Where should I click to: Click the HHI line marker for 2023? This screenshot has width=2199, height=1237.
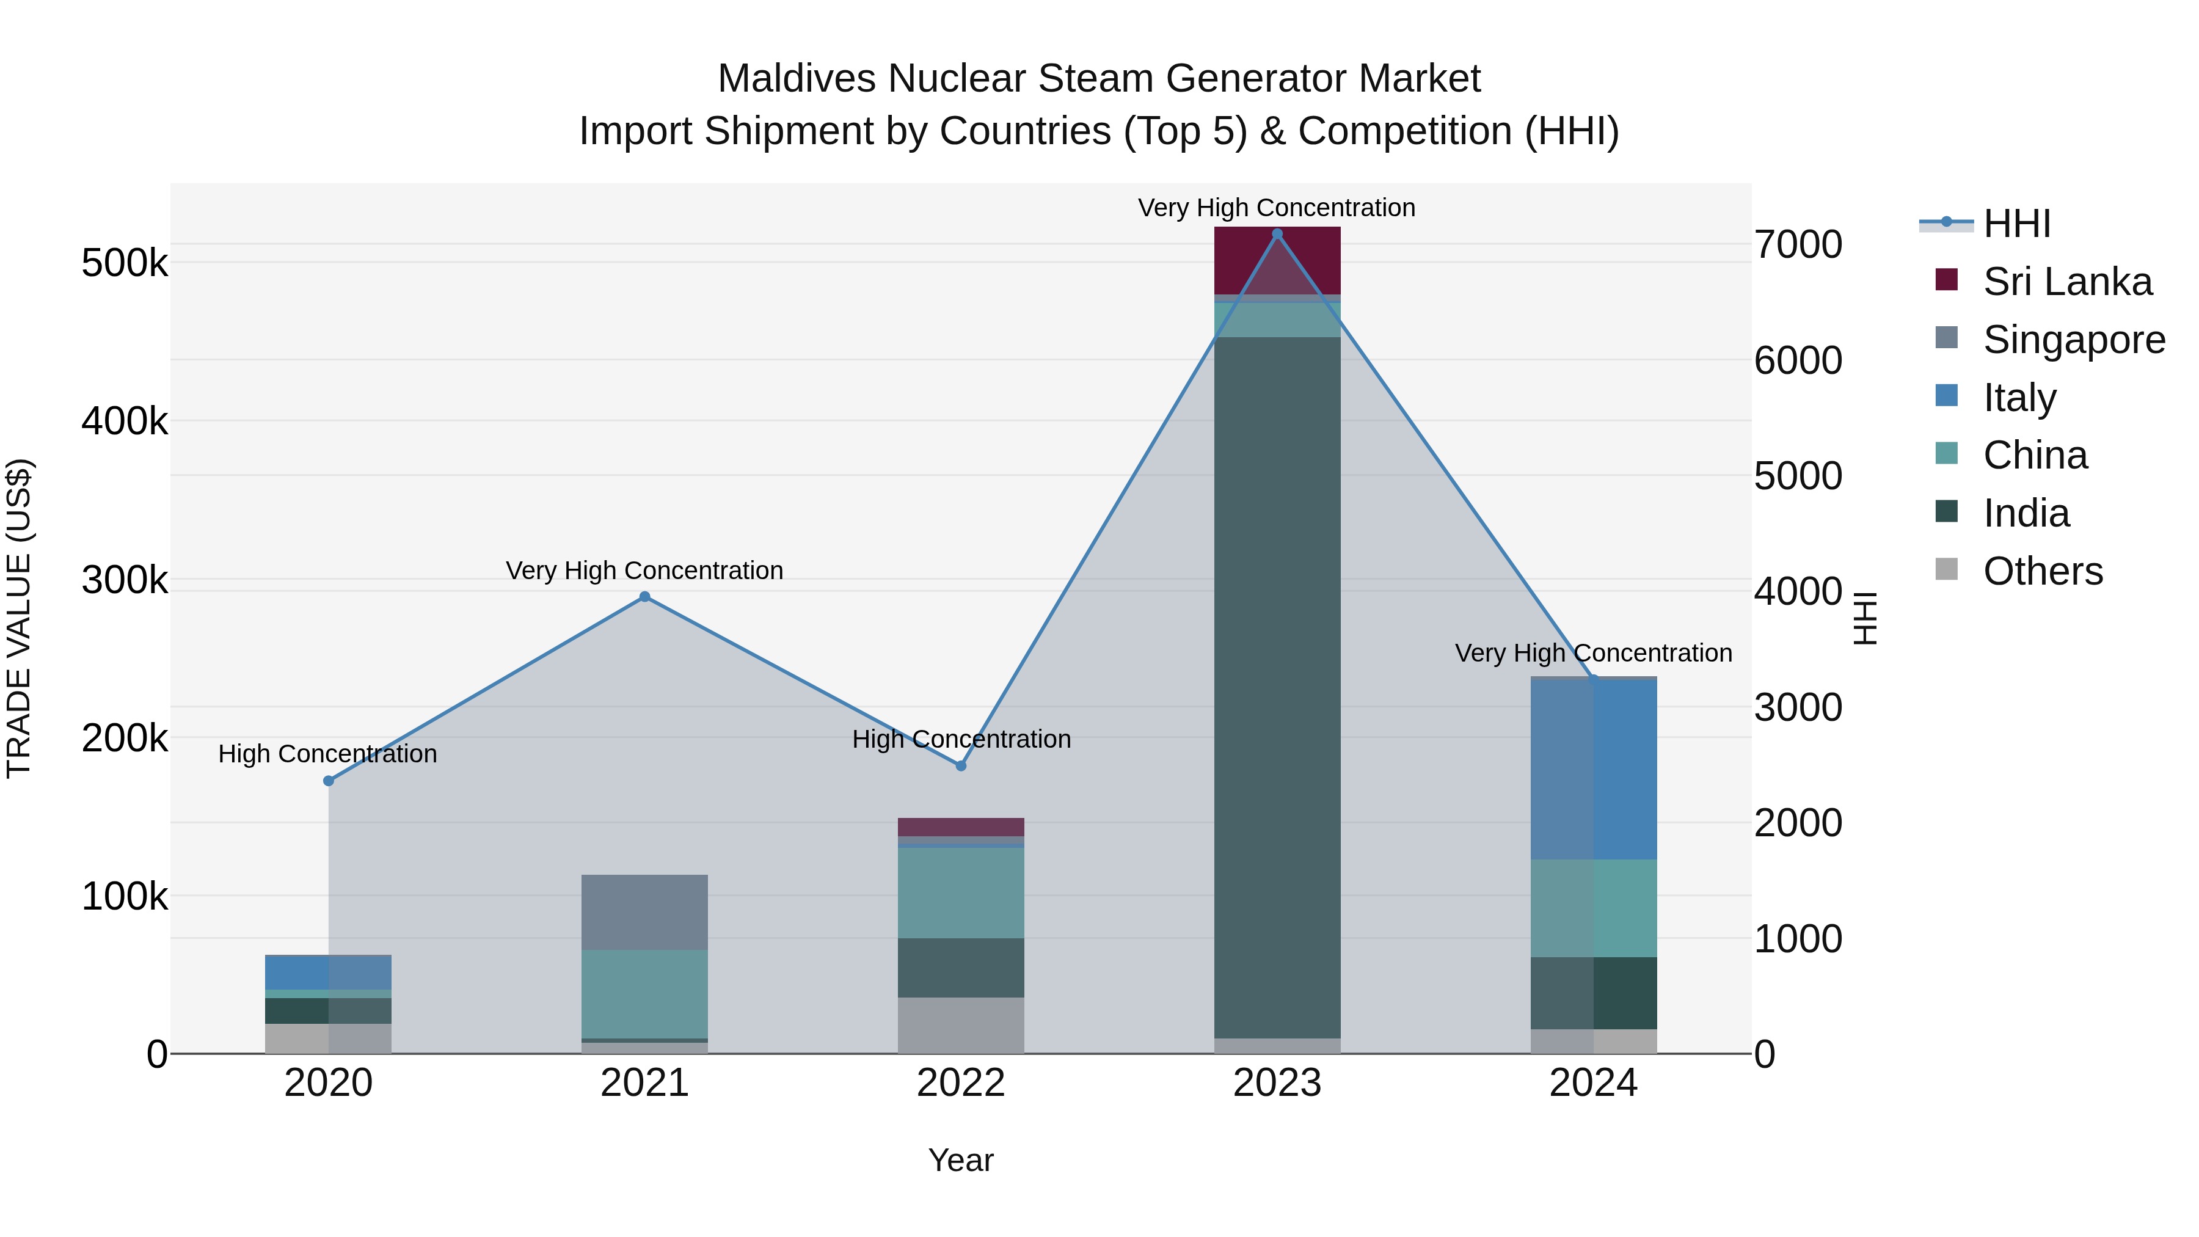(x=1277, y=234)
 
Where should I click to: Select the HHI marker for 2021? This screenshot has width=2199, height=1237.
(x=644, y=597)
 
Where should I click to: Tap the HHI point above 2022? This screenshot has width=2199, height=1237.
(x=960, y=766)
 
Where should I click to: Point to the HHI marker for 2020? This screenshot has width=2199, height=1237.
(x=329, y=780)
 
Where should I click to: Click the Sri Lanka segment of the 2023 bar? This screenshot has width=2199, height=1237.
(x=1277, y=260)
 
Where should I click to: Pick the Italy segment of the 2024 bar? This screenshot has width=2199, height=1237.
(x=1593, y=768)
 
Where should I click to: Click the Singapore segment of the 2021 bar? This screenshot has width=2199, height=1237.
(x=644, y=912)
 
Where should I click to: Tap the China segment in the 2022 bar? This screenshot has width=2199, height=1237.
(x=960, y=892)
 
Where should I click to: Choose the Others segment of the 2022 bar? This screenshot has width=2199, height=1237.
(x=960, y=1024)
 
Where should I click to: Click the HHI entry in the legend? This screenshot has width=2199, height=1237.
(x=2016, y=224)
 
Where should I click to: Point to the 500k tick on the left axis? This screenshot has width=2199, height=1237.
(x=125, y=263)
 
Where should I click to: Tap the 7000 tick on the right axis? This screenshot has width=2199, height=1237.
(x=1798, y=244)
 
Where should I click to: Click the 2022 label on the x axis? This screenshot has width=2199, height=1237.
(x=960, y=1083)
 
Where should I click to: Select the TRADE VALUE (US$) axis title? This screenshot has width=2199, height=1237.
(x=19, y=618)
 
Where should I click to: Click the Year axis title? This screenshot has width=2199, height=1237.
(x=960, y=1160)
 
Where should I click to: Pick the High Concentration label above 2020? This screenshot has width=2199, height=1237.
(x=328, y=754)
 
